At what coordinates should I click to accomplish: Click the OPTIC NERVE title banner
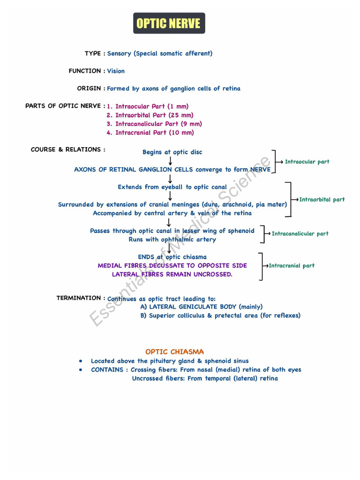[x=169, y=23]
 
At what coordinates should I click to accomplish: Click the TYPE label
[x=93, y=53]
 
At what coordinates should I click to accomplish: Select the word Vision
[x=116, y=71]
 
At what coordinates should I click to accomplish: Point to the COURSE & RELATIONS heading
[x=67, y=150]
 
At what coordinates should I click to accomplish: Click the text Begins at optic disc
[x=172, y=152]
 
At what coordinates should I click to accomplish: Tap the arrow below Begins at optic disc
[x=170, y=161]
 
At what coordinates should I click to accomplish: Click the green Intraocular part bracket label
[x=307, y=162]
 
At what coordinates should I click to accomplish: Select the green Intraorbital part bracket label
[x=322, y=200]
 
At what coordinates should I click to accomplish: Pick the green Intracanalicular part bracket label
[x=300, y=233]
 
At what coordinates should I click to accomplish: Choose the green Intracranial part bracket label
[x=291, y=266]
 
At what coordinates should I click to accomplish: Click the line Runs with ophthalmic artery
[x=172, y=240]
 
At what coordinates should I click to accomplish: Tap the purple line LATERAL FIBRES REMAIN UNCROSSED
[x=172, y=274]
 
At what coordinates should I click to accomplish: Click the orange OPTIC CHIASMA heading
[x=174, y=352]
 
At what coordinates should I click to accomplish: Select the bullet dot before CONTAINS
[x=81, y=370]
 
